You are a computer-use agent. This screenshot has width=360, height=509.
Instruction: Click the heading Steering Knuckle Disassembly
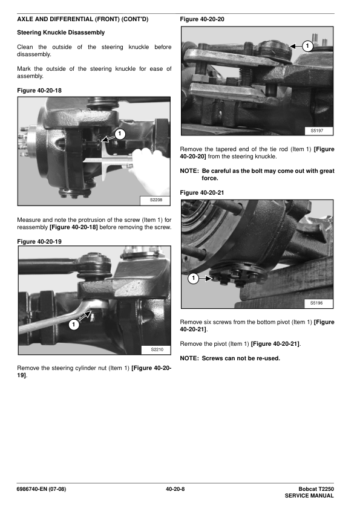pos(61,33)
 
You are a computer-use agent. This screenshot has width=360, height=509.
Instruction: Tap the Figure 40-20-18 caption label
pos(39,91)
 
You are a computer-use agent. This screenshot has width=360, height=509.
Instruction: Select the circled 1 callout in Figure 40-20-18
pos(120,134)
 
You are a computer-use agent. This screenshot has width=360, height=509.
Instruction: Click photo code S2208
pos(156,200)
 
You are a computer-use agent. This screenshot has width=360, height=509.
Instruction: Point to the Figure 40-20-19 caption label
pos(39,242)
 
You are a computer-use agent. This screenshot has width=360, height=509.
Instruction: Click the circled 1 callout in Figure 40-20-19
pos(74,324)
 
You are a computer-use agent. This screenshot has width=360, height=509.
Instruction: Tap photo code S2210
pos(157,349)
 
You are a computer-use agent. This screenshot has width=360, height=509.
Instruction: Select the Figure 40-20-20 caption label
pos(202,19)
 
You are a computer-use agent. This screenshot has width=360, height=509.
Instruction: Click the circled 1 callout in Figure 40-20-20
pos(307,46)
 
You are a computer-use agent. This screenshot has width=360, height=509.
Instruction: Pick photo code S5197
pos(317,131)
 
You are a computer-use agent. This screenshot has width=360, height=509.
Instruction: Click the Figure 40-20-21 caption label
pos(202,193)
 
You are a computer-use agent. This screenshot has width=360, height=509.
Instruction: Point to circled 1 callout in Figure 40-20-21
pos(194,278)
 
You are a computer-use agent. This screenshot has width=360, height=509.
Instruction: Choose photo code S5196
pos(316,303)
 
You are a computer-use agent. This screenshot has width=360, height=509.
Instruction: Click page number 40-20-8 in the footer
pos(175,489)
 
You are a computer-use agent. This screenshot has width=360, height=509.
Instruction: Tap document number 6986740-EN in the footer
pos(32,489)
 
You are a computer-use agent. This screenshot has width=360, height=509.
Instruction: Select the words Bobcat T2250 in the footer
pos(316,489)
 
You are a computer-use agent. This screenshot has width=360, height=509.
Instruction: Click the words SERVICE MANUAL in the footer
pos(309,496)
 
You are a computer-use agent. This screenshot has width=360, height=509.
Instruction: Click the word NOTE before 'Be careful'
pos(189,171)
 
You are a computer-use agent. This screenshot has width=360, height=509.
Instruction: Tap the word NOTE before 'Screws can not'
pos(189,358)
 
